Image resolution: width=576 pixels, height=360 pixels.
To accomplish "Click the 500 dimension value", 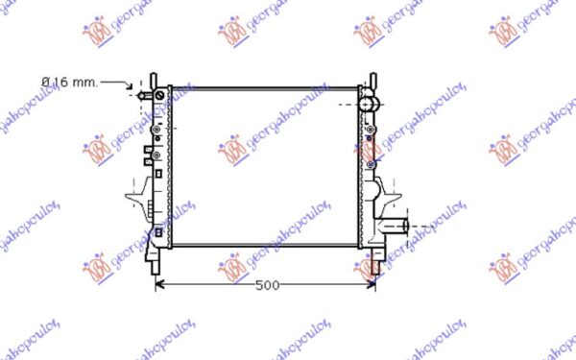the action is pos(268,285).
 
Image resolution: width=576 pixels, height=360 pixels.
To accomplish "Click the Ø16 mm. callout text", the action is pos(70,82).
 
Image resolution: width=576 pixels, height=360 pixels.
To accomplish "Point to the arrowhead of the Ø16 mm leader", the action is pos(130,86).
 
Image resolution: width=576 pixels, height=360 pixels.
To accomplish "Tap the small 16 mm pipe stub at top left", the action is pos(145,96).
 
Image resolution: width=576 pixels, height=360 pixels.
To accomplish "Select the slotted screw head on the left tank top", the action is pos(159,96).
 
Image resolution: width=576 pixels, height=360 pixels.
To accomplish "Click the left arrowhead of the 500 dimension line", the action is pos(159,285).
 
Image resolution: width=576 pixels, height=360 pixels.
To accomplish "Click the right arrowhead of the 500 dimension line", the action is pos(371,285).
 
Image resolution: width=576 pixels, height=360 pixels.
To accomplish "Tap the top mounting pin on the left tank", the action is pos(154,81).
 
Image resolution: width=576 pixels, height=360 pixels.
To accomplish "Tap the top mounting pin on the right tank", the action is pos(372,81).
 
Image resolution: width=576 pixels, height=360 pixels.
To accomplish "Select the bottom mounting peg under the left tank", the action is pos(156,266).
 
